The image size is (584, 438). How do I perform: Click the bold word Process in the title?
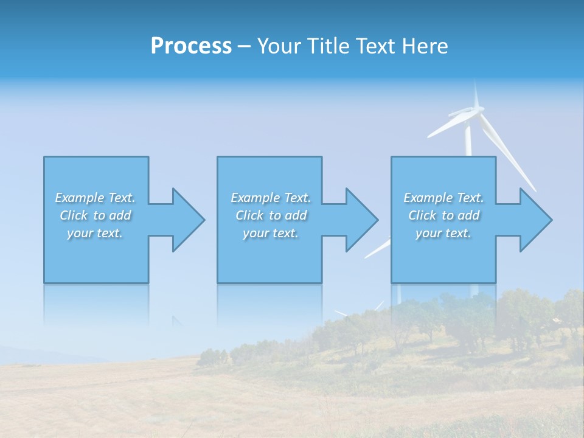[x=191, y=46]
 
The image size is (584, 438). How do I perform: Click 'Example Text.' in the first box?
[x=95, y=198]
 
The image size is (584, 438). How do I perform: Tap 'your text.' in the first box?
[x=95, y=233]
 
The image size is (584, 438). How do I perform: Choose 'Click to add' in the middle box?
[x=271, y=215]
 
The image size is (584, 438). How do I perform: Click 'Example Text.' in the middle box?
[x=271, y=198]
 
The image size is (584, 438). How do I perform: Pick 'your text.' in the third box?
[x=443, y=233]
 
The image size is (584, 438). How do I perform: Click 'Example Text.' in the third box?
[x=443, y=198]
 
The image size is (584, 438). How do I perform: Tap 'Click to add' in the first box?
[x=95, y=215]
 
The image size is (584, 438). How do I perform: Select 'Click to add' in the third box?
[x=443, y=215]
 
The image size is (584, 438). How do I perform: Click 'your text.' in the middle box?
[x=271, y=233]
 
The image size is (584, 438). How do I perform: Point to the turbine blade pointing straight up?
[x=476, y=94]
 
